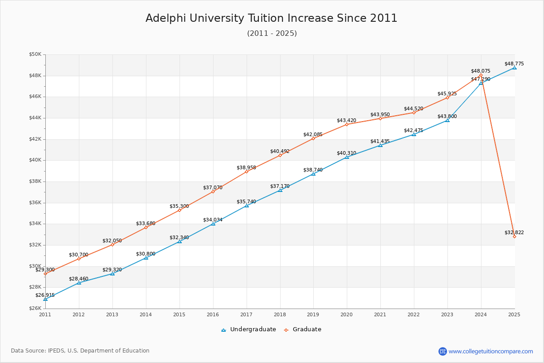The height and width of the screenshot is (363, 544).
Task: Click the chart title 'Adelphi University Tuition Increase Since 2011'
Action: (271, 18)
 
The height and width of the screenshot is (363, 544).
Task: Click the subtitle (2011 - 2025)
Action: (272, 34)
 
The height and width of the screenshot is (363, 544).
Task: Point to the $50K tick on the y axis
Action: (35, 54)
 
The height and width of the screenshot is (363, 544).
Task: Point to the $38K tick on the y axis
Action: (35, 181)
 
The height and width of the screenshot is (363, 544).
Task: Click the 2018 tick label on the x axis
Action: (280, 314)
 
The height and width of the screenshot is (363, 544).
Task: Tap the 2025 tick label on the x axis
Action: (514, 314)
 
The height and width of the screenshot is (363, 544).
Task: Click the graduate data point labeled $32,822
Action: (514, 236)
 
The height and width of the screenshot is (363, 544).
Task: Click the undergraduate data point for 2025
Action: (514, 68)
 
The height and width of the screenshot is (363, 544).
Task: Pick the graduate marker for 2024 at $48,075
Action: (481, 75)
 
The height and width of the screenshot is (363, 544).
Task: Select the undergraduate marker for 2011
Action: (45, 299)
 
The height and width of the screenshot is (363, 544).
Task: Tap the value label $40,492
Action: (280, 151)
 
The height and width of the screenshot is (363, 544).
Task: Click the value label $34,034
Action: (213, 220)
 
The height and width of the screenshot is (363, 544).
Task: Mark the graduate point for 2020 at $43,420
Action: (347, 124)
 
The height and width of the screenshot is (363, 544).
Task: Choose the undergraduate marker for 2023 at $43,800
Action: (447, 120)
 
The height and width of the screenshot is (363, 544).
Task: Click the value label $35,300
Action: (179, 206)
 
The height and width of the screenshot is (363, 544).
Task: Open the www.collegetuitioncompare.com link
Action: (491, 351)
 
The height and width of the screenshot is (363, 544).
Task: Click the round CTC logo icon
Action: (442, 351)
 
